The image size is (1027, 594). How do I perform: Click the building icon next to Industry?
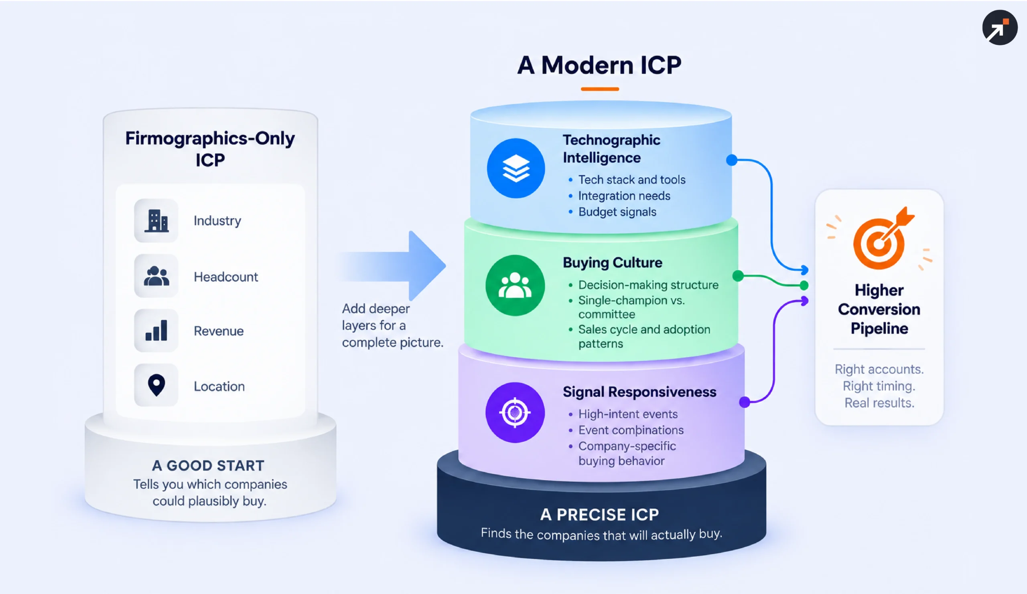(x=156, y=221)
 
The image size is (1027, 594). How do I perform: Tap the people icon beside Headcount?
(x=156, y=276)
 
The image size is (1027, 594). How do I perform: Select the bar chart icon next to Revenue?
(x=156, y=330)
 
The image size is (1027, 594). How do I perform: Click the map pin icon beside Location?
(x=156, y=385)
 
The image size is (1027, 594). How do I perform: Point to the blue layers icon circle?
(x=516, y=168)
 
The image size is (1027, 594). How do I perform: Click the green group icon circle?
(x=515, y=285)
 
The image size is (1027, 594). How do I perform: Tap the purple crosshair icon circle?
(x=515, y=412)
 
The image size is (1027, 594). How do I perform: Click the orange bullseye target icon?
(x=882, y=239)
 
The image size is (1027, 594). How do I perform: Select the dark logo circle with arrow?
(x=1000, y=27)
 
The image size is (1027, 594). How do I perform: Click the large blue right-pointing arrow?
(x=393, y=266)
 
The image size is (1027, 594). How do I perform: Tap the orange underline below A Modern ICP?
(x=599, y=89)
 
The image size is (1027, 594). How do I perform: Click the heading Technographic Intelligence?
(x=611, y=149)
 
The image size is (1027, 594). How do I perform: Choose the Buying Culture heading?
(x=612, y=263)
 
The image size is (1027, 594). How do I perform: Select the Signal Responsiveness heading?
(x=639, y=392)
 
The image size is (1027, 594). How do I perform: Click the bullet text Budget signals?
(x=617, y=212)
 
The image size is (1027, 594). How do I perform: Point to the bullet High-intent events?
(x=627, y=414)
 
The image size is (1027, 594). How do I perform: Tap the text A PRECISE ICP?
(x=599, y=515)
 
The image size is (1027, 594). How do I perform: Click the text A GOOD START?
(x=208, y=465)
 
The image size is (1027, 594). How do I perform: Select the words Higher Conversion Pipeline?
(x=879, y=309)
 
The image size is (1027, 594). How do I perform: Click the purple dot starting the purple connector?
(x=744, y=402)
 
